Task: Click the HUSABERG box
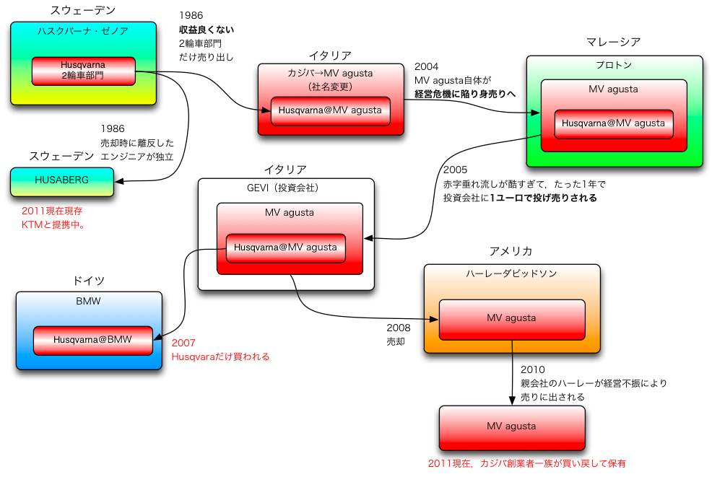pos(62,181)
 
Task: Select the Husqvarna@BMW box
pos(92,340)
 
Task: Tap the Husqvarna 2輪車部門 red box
pos(83,70)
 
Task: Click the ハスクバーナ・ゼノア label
pos(83,30)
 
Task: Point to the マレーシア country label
pos(613,43)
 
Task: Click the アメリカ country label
pos(511,251)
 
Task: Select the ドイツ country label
pos(89,280)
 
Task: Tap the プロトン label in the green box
pos(614,65)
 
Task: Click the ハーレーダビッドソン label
pos(511,273)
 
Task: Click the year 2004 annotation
pos(426,66)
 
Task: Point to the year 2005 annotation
pos(455,170)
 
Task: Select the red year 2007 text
pos(183,343)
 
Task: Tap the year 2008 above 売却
pos(398,328)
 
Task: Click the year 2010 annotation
pos(532,369)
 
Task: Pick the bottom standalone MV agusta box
pos(511,427)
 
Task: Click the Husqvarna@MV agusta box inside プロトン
pos(613,123)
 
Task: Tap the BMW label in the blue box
pos(88,301)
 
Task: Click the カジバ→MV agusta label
pos(330,73)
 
